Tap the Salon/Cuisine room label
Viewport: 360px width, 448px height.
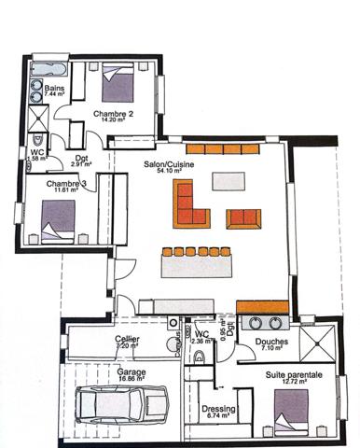163,162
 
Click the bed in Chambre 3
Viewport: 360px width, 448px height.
58,220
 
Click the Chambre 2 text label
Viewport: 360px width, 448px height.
114,114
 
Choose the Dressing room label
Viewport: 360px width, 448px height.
218,409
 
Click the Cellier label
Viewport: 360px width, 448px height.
128,338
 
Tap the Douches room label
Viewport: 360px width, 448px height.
270,342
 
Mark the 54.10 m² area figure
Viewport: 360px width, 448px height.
169,171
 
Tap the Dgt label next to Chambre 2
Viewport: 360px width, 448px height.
81,157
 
